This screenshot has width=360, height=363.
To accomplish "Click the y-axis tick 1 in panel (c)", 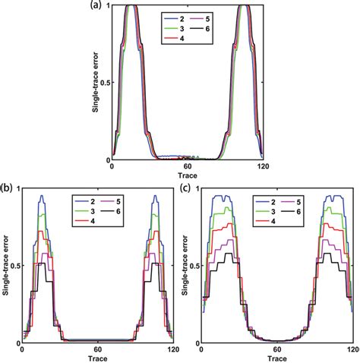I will [197, 188].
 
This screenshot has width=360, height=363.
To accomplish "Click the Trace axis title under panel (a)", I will [187, 175].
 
